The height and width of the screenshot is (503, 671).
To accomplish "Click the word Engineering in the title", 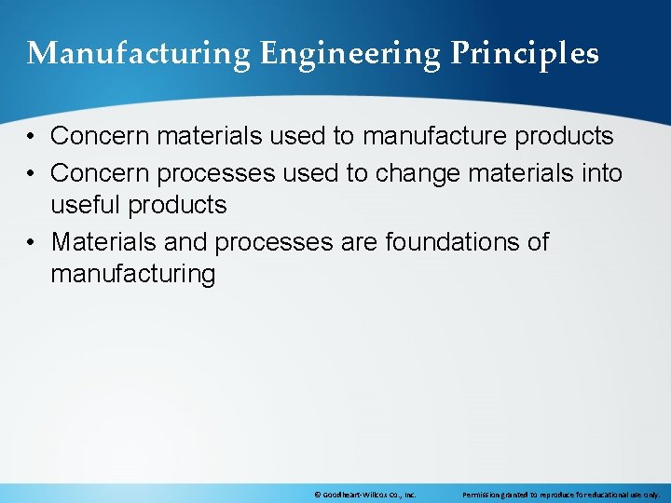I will (x=349, y=55).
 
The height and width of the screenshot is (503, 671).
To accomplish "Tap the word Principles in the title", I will (x=525, y=55).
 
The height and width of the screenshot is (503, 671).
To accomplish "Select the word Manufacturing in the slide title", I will (x=139, y=55).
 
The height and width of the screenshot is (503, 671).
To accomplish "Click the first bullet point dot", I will (x=32, y=137).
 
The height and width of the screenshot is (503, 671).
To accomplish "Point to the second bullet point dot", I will (x=32, y=173).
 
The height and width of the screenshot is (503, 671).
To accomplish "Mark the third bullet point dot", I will (x=32, y=242).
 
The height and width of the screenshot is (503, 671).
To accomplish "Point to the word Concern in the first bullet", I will (x=100, y=136).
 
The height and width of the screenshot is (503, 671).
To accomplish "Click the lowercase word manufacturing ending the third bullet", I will (x=133, y=274).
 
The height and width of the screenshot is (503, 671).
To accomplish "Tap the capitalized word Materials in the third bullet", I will (x=105, y=242).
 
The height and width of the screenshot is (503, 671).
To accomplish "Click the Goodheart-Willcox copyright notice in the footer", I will (x=364, y=495).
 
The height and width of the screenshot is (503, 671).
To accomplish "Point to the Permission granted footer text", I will (x=560, y=495).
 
